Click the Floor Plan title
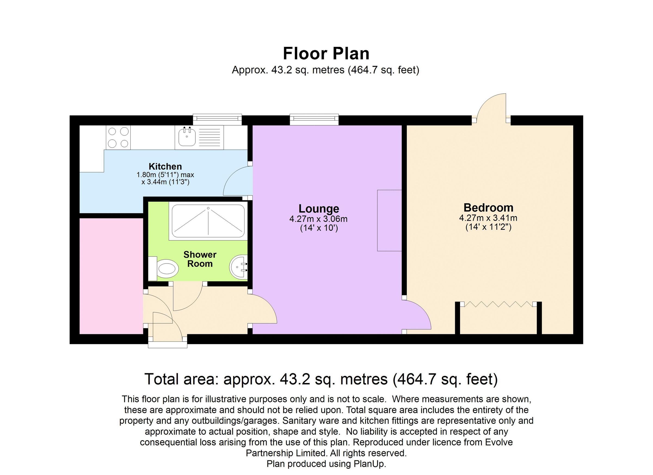pos(326,54)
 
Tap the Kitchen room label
pos(165,166)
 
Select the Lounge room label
pos(318,209)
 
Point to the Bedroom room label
pos(488,207)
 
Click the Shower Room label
pos(199,259)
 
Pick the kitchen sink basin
pos(187,137)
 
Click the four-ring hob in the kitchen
pos(118,137)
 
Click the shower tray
pos(208,221)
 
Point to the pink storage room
pos(111,276)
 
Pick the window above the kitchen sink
pos(217,118)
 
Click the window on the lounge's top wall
pos(314,118)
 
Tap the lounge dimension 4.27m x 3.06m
pos(318,219)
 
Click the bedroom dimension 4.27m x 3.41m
pos(488,218)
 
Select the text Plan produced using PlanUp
pos(326,464)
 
